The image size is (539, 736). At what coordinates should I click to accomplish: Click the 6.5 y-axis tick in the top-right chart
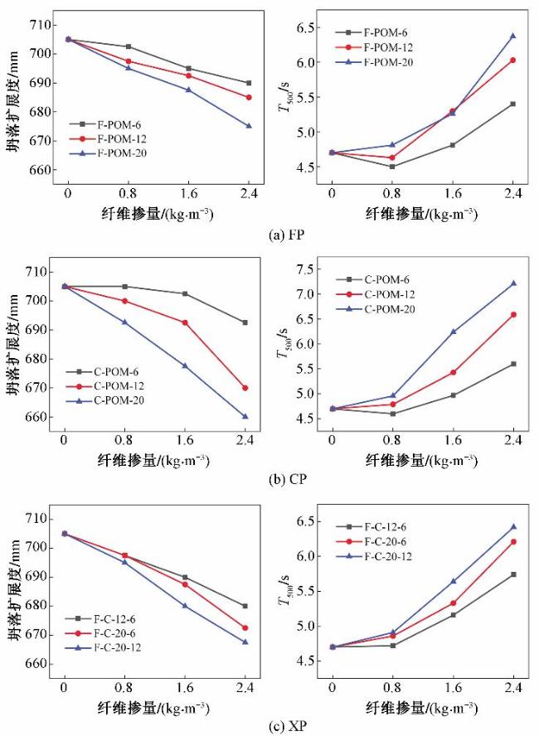pyautogui.click(x=304, y=27)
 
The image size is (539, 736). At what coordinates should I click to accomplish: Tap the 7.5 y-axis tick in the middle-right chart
pyautogui.click(x=304, y=269)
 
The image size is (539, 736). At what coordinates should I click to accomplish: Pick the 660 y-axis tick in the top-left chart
pyautogui.click(x=39, y=169)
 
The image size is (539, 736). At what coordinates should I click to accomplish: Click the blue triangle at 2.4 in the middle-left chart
pyautogui.click(x=245, y=417)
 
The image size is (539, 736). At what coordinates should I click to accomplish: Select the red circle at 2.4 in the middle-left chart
pyautogui.click(x=245, y=388)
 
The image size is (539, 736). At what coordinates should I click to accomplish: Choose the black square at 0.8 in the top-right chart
pyautogui.click(x=392, y=167)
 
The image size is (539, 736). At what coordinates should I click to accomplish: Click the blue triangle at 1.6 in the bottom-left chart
pyautogui.click(x=184, y=605)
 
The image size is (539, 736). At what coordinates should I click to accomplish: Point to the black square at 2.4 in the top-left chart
pyautogui.click(x=248, y=83)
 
